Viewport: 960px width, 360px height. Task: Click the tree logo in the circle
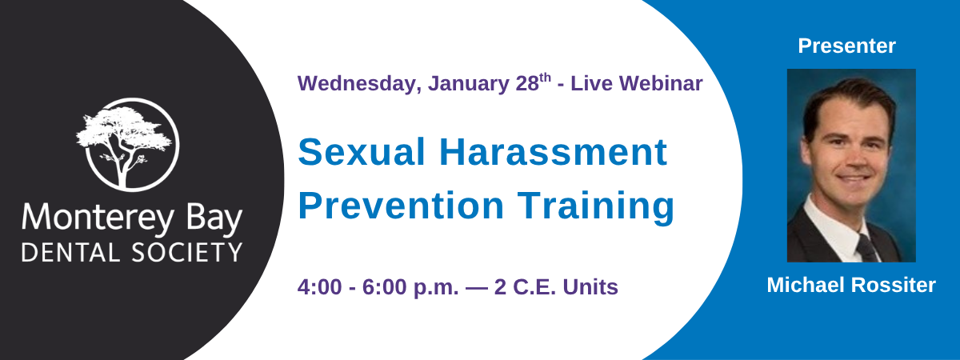pyautogui.click(x=128, y=144)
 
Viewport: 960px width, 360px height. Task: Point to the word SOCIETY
pyautogui.click(x=187, y=252)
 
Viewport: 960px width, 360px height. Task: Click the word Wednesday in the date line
pyautogui.click(x=357, y=83)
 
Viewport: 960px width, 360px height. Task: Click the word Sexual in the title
pyautogui.click(x=362, y=152)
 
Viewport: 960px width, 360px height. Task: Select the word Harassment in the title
pyautogui.click(x=554, y=152)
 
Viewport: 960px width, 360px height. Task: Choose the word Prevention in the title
pyautogui.click(x=400, y=206)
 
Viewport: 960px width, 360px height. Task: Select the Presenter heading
pyautogui.click(x=847, y=46)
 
